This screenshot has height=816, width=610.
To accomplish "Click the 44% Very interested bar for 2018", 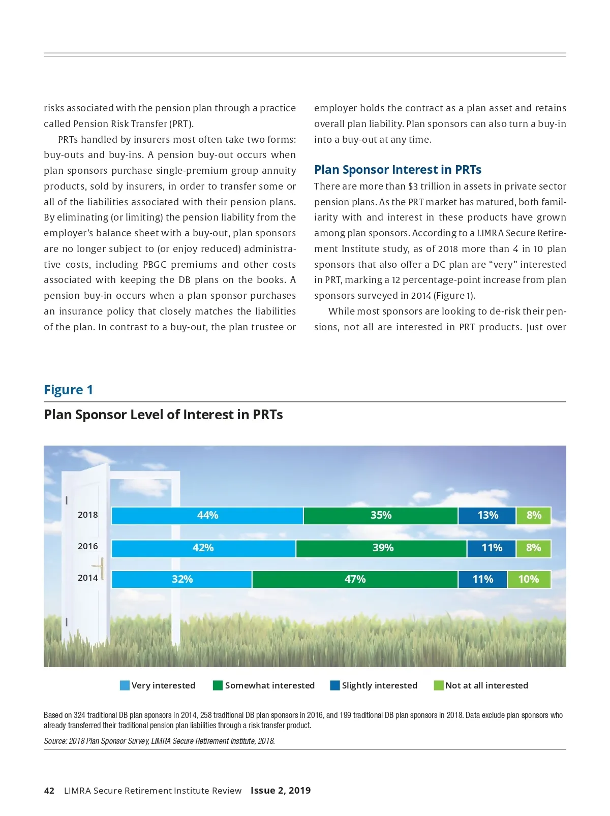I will (x=207, y=516).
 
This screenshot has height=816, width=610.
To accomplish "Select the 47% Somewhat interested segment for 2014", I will (x=355, y=580).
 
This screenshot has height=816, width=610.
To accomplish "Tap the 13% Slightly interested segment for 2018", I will (x=487, y=516).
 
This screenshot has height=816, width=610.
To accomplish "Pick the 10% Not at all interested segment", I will (x=529, y=580).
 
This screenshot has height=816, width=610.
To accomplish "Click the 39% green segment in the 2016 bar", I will (x=382, y=548).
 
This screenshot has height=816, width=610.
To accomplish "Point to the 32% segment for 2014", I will (x=182, y=580).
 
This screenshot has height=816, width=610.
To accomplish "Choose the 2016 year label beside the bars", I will (x=87, y=546).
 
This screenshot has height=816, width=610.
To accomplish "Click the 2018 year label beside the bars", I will (x=87, y=515).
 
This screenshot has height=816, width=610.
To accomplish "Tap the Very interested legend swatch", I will (x=125, y=685).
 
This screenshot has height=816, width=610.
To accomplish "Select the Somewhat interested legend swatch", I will (x=218, y=685).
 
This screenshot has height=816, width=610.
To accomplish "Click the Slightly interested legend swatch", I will (x=334, y=685).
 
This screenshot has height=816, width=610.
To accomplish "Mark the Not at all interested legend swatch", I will (x=438, y=685).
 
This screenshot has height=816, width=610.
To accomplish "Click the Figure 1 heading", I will (x=68, y=390).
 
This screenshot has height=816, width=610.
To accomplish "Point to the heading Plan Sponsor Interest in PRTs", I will (x=398, y=170).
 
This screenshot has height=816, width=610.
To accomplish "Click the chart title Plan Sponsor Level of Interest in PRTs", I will (x=163, y=415).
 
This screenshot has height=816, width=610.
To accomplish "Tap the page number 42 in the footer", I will (x=49, y=791).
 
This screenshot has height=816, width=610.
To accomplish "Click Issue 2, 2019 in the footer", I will (x=281, y=791).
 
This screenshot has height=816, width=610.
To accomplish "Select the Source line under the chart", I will (x=159, y=741).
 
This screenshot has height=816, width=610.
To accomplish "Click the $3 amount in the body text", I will (x=412, y=186).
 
